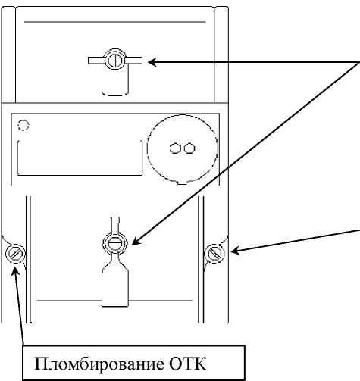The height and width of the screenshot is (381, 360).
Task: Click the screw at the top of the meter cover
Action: coord(115,59)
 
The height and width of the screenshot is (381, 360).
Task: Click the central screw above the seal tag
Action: coord(115,243)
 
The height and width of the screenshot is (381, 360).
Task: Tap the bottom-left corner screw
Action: coord(15,253)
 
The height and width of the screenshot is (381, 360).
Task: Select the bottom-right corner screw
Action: coord(214,254)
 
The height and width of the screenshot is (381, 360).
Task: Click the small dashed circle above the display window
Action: coord(23,125)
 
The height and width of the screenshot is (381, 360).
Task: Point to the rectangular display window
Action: coord(80,158)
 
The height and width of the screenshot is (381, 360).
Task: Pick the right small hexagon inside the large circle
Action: coord(189,148)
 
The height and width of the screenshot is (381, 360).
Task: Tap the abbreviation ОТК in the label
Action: coord(187,364)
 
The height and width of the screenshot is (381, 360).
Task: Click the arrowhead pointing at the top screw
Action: coord(152,62)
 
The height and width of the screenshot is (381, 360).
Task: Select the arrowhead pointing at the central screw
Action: coord(136,241)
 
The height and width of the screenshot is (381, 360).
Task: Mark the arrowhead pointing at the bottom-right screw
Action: coord(235,251)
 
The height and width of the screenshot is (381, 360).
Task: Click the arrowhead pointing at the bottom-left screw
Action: coord(16,270)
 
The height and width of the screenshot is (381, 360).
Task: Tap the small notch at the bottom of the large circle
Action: coord(182,183)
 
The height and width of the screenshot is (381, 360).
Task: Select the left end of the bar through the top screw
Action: coord(89,61)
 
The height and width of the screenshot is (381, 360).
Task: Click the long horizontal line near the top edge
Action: coord(115,22)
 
